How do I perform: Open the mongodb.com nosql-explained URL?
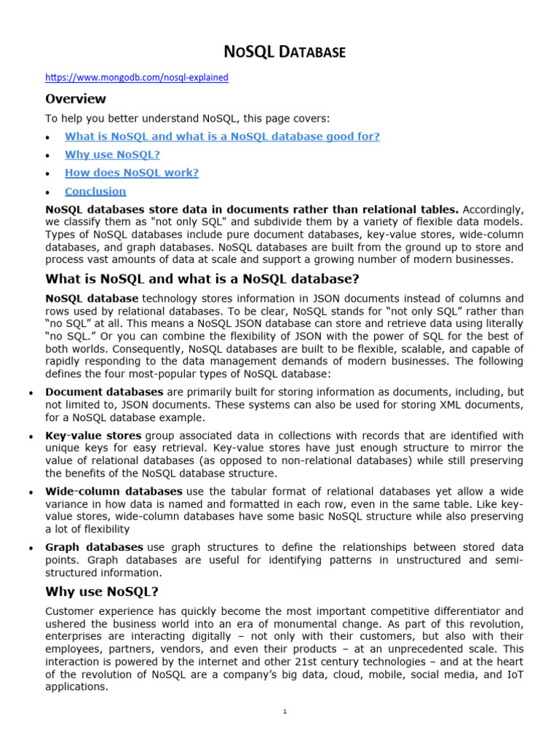[x=137, y=77]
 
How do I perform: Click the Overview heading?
[x=76, y=99]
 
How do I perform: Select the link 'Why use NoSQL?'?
[x=112, y=154]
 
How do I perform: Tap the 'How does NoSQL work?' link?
[x=132, y=173]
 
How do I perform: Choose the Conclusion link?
[x=95, y=192]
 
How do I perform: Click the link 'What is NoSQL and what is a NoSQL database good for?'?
[x=222, y=136]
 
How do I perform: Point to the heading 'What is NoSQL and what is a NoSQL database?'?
[x=202, y=279]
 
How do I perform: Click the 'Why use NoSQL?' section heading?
[x=101, y=592]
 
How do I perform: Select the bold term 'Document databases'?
[x=104, y=392]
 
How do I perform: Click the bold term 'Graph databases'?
[x=94, y=547]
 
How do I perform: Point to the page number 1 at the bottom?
[x=285, y=712]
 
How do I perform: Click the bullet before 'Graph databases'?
[x=29, y=548]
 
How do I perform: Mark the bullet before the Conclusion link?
[x=48, y=193]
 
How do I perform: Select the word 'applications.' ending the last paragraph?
[x=76, y=686]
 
